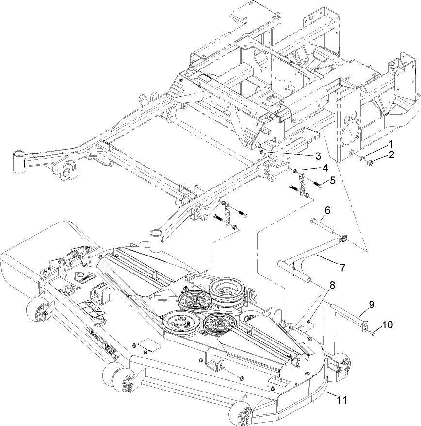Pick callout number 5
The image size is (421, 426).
(332, 180)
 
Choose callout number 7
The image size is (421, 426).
(342, 267)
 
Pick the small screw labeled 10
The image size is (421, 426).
(372, 333)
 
